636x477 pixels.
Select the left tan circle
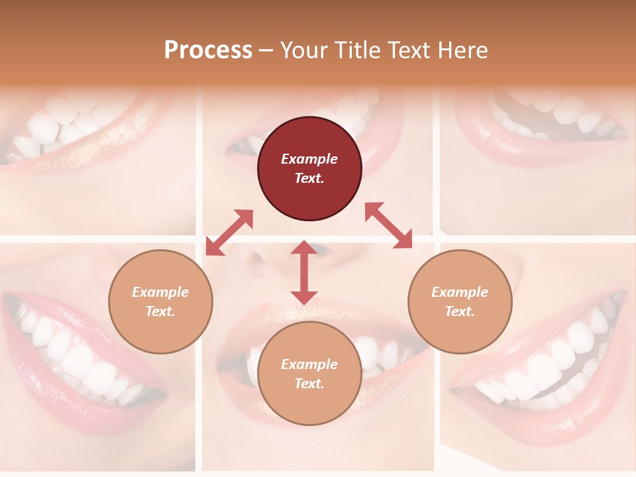[160, 301]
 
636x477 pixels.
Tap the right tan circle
[460, 301]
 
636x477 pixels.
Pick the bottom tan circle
[309, 374]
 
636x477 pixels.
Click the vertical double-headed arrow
[304, 272]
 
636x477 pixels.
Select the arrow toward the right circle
[388, 225]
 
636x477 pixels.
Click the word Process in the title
[208, 50]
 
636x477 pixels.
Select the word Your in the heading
[303, 50]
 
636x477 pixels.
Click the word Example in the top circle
[309, 159]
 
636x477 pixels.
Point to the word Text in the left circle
[160, 311]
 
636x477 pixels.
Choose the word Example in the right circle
[460, 292]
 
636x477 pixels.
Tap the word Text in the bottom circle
[309, 384]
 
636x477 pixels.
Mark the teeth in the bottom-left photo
[73, 358]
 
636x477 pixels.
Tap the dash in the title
[266, 50]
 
